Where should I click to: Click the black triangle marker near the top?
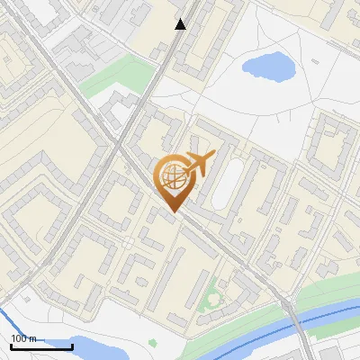pyautogui.click(x=181, y=24)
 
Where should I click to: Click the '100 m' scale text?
pyautogui.click(x=24, y=338)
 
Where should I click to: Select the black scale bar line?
pyautogui.click(x=41, y=346)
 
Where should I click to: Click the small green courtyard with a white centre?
pyautogui.click(x=212, y=296)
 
